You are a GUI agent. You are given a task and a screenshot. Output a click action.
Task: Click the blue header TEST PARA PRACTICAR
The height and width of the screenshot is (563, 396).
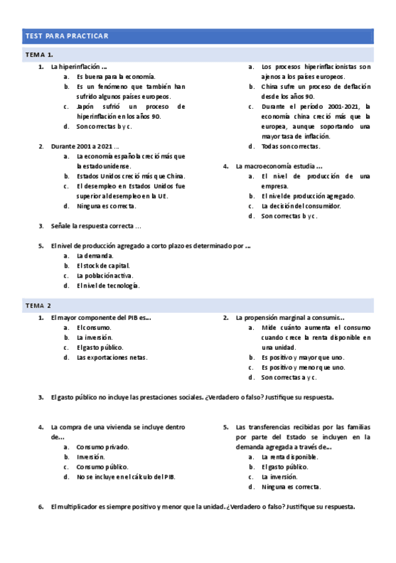click(66, 36)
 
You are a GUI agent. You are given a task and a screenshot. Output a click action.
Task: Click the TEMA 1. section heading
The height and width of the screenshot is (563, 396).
click(39, 54)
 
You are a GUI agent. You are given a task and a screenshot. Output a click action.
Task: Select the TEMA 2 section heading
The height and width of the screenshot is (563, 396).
click(39, 305)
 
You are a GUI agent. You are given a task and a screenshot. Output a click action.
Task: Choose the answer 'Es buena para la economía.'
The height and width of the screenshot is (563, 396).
click(116, 76)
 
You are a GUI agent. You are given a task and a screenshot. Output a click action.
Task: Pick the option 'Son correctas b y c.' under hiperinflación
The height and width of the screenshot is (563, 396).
click(104, 126)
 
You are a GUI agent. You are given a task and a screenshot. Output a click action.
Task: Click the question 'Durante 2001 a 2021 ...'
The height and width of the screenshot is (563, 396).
click(85, 146)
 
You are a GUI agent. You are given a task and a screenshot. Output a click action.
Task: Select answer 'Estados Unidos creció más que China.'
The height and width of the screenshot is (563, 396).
click(131, 176)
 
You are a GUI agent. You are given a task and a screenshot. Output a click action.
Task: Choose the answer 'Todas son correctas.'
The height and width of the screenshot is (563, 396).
click(290, 146)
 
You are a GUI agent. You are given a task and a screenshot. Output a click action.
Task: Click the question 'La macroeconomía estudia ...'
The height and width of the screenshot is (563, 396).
click(279, 166)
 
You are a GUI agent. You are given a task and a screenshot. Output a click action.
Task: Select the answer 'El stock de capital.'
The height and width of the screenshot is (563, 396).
click(103, 266)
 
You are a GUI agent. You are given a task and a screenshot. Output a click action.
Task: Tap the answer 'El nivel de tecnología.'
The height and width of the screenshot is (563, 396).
click(108, 285)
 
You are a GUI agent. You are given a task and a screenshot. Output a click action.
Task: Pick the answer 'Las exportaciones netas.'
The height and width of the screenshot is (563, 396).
click(112, 357)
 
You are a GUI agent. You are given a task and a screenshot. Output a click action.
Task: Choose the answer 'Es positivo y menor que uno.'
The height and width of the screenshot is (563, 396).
click(303, 367)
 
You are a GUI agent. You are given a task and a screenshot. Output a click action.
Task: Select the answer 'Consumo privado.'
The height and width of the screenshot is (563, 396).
click(103, 447)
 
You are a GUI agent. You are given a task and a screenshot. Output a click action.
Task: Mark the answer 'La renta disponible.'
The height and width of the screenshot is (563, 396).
click(290, 457)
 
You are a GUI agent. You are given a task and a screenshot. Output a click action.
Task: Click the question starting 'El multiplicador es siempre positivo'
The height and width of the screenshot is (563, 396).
click(203, 507)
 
